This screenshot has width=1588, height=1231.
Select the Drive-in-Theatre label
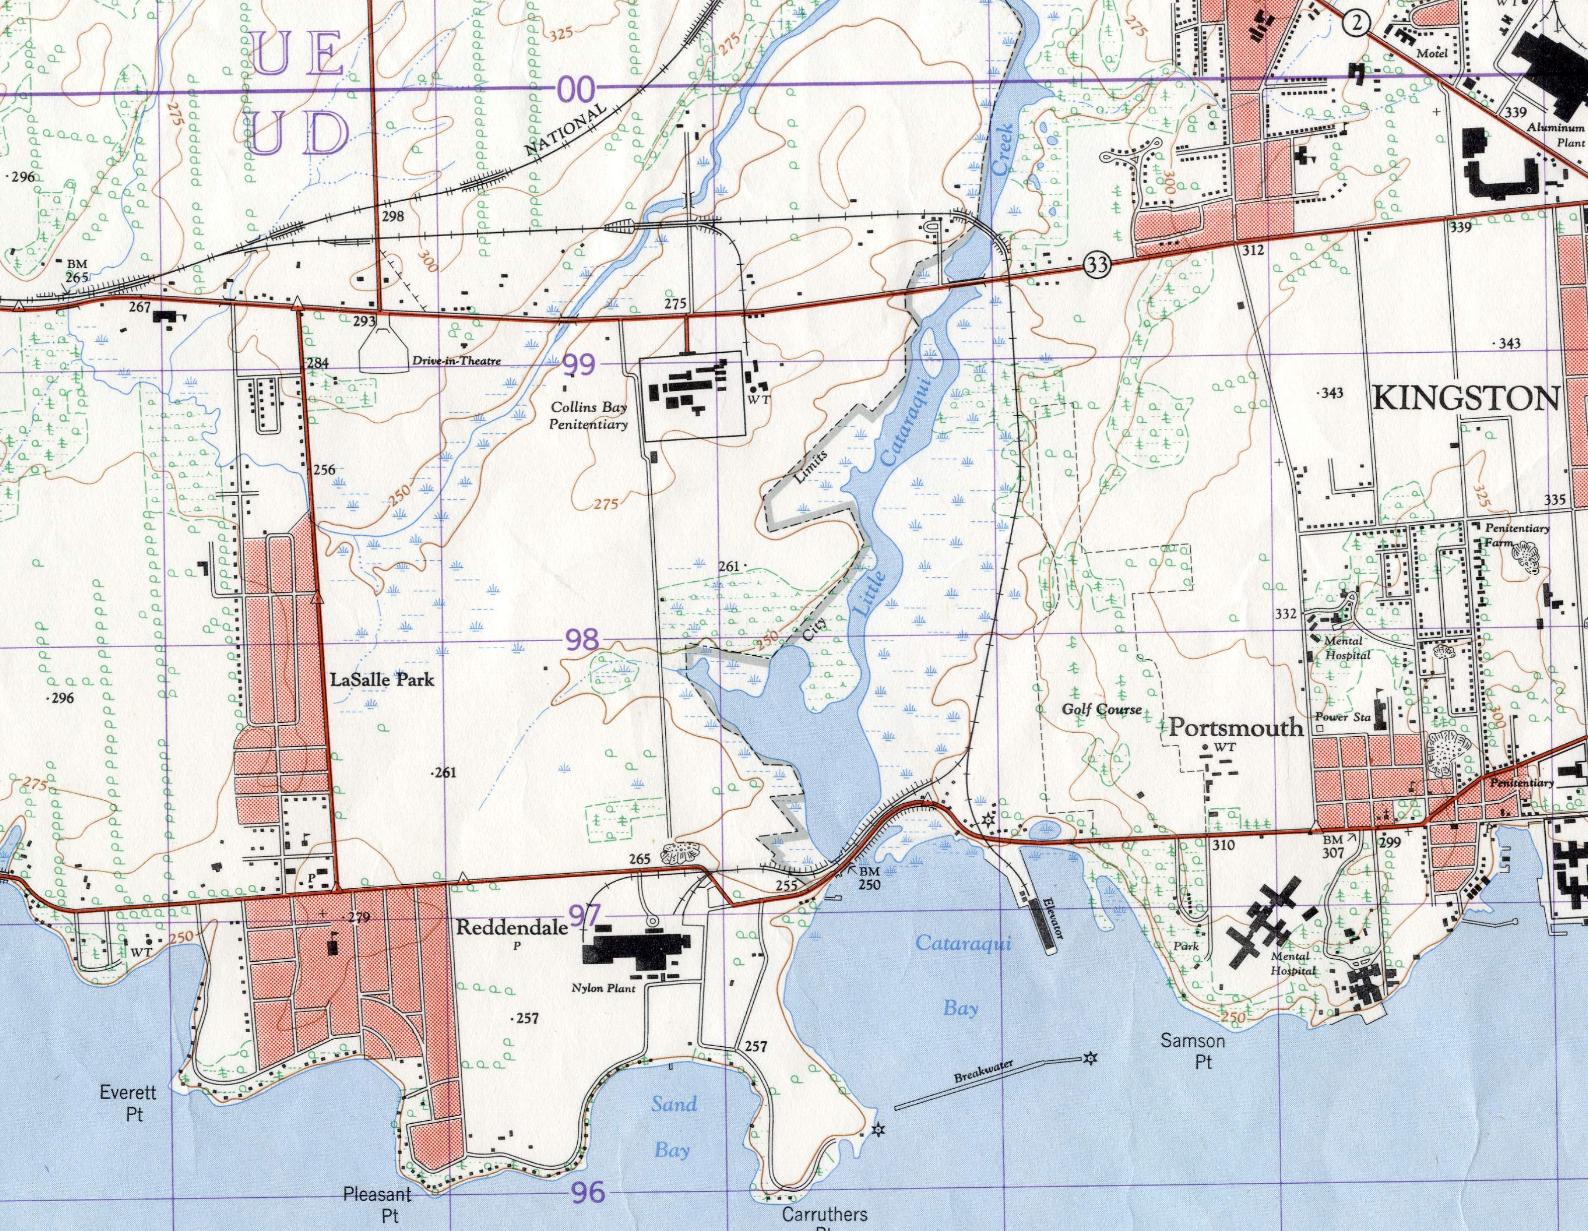tap(457, 361)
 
